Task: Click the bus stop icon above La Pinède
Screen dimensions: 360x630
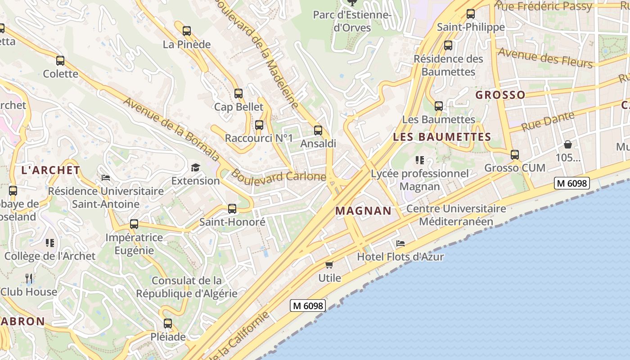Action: pyautogui.click(x=186, y=31)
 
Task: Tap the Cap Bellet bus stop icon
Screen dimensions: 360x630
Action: pyautogui.click(x=238, y=94)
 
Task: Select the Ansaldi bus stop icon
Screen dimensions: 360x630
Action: pyautogui.click(x=318, y=130)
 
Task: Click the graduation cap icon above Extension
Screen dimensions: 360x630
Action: pyautogui.click(x=195, y=168)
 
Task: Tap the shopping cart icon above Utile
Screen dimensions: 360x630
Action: pyautogui.click(x=329, y=265)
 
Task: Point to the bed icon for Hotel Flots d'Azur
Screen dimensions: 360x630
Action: pyautogui.click(x=400, y=243)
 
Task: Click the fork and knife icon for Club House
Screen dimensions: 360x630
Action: pyautogui.click(x=29, y=279)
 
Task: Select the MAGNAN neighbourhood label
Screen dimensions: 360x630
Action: pyautogui.click(x=364, y=211)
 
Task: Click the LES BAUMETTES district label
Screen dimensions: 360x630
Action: pyautogui.click(x=442, y=137)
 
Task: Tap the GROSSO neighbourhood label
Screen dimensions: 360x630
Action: pyautogui.click(x=500, y=95)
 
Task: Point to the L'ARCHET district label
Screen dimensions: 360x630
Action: pyautogui.click(x=51, y=170)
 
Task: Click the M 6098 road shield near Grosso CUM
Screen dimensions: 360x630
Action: pyautogui.click(x=571, y=183)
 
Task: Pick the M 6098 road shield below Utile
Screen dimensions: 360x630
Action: pyautogui.click(x=308, y=306)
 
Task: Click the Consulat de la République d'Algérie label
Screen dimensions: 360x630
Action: pyautogui.click(x=187, y=287)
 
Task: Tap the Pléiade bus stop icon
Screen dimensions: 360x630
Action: pyautogui.click(x=168, y=323)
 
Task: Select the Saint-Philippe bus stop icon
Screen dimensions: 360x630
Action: pyautogui.click(x=471, y=14)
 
